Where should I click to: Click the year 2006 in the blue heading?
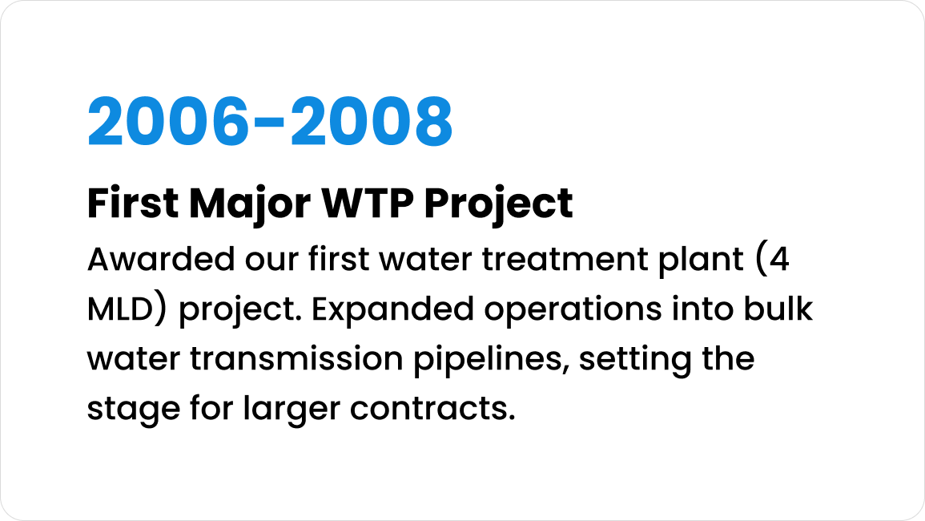[168, 121]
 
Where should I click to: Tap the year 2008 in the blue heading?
[372, 121]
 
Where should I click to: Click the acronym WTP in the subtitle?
[367, 204]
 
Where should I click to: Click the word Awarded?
[161, 260]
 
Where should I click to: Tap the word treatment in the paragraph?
[565, 260]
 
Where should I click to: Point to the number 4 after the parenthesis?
[779, 260]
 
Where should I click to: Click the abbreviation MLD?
[121, 309]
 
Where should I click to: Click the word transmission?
[296, 358]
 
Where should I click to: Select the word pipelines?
[492, 360]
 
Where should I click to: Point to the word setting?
[635, 360]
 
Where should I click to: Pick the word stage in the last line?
[133, 410]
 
